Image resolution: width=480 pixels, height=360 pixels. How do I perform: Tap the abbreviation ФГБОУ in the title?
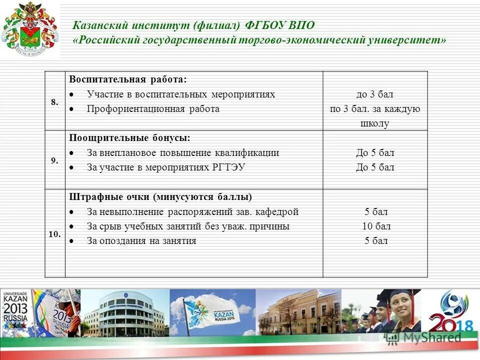(264, 25)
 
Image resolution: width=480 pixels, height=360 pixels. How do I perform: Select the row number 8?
(54, 101)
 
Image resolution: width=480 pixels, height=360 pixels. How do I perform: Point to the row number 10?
(54, 233)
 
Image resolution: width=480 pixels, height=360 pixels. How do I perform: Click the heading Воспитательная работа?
(127, 79)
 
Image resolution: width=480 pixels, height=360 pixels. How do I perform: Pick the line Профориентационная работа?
(153, 109)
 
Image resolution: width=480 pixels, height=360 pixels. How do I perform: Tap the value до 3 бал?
(375, 94)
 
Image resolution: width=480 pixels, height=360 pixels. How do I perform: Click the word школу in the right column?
(374, 123)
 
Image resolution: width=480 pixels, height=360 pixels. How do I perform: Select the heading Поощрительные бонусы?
(129, 138)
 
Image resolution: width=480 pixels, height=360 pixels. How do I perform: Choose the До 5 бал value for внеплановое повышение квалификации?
(375, 153)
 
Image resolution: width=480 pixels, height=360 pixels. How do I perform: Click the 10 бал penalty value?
(375, 226)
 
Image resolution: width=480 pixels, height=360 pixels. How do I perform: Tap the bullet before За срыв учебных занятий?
(72, 226)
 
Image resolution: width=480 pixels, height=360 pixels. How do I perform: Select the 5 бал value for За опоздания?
(375, 241)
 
